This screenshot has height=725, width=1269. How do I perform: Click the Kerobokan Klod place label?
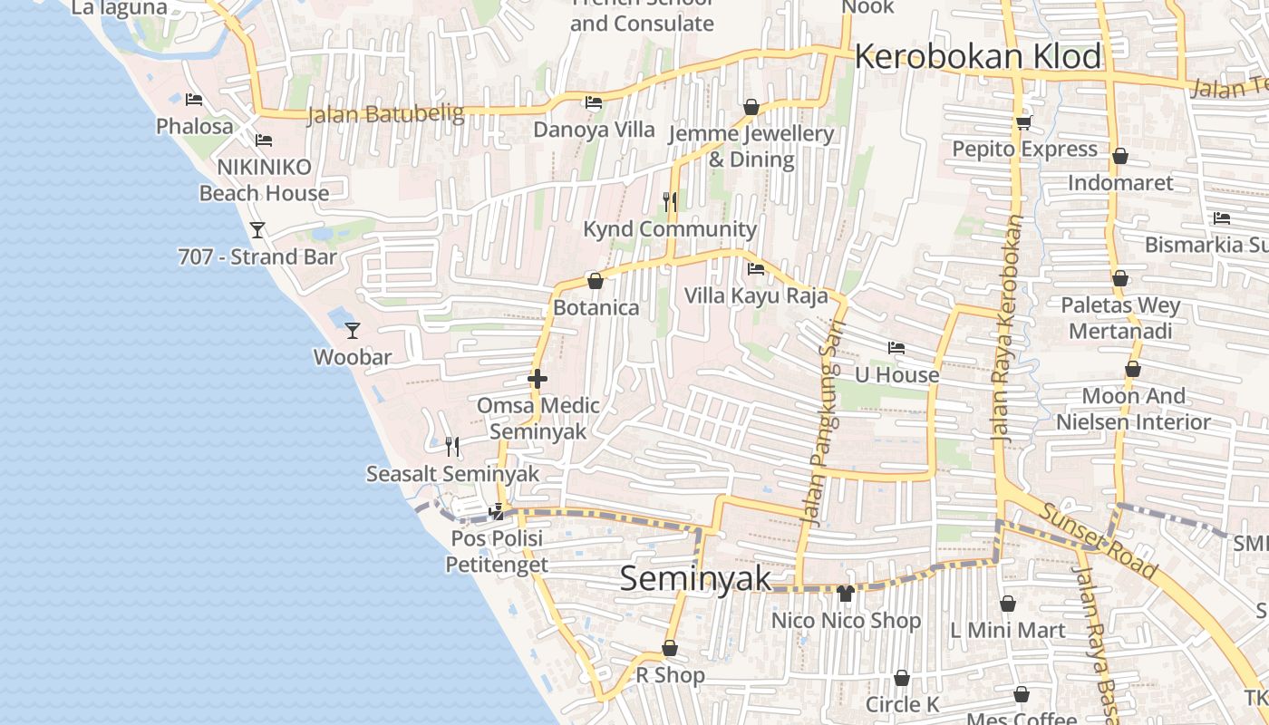(x=977, y=56)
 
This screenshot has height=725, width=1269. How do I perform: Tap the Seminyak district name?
(x=695, y=579)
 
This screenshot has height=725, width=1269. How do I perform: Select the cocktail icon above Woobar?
(x=353, y=331)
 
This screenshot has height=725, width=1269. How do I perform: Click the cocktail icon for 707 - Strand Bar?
(x=257, y=229)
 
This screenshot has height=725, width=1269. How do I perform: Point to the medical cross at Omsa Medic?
(x=538, y=378)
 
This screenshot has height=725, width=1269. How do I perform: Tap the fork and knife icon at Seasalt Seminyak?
(x=452, y=446)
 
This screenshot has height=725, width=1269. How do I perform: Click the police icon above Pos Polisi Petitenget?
(x=496, y=512)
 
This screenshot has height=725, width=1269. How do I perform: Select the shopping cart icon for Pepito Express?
(x=1024, y=122)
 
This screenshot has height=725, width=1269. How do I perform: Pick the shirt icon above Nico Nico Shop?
(x=846, y=594)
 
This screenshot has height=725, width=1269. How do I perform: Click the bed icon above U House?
(x=896, y=348)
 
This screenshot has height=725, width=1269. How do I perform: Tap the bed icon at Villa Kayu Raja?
(x=755, y=269)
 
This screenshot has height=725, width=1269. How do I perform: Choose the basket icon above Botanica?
(x=596, y=281)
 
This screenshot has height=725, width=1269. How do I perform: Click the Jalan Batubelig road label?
(x=385, y=114)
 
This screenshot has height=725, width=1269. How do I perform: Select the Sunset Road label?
(x=1098, y=541)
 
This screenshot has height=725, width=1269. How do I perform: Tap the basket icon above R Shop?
(x=670, y=648)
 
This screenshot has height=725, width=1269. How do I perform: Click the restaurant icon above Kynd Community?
(x=670, y=201)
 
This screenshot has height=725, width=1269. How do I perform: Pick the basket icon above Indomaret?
(x=1120, y=156)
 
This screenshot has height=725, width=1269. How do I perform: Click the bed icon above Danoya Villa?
(x=594, y=102)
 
